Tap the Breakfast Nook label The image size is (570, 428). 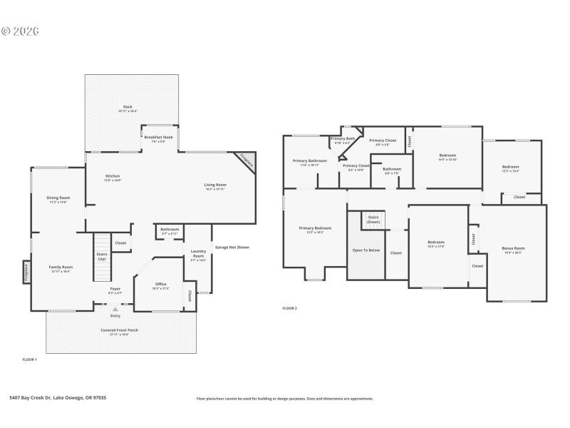click(x=158, y=138)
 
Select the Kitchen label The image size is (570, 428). click(x=113, y=178)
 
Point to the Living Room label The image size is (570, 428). click(x=215, y=186)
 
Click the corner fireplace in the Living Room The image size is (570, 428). click(x=247, y=161)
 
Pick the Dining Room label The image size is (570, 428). click(x=58, y=199)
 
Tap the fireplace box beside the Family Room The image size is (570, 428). click(x=26, y=273)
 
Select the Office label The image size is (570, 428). click(x=160, y=285)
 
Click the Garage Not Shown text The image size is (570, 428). click(x=232, y=248)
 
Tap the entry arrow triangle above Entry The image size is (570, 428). click(x=115, y=309)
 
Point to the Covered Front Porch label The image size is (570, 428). click(x=120, y=332)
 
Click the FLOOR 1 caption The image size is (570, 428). click(x=29, y=360)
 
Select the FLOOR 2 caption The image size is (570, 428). click(x=289, y=308)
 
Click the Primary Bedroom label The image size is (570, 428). click(x=314, y=230)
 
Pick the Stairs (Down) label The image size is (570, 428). click(x=373, y=220)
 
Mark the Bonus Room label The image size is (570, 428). click(x=512, y=250)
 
